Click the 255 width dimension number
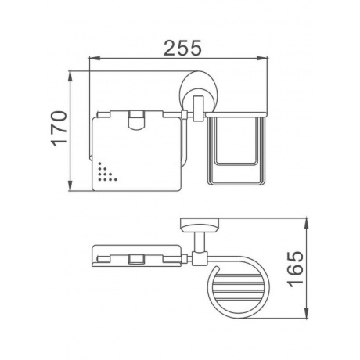coord(182,48)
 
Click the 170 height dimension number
coord(59,128)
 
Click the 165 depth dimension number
coord(296,269)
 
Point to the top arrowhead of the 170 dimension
coord(70,76)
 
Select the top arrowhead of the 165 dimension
coord(307,223)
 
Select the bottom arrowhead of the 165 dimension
coord(307,313)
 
